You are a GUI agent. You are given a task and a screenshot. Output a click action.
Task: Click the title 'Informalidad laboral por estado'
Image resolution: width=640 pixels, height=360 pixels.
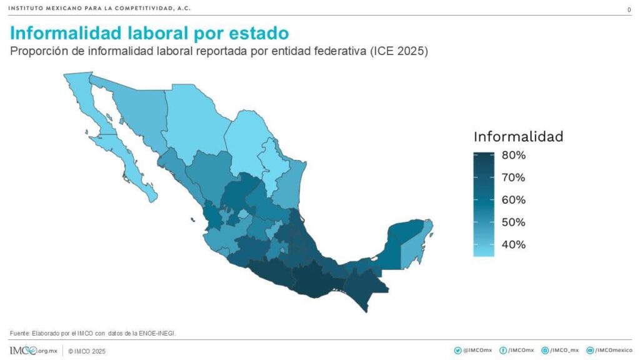150,32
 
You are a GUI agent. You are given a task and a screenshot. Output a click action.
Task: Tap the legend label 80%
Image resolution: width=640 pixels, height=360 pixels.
514,155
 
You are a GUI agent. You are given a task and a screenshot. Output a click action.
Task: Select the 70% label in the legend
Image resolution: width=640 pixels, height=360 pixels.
514,177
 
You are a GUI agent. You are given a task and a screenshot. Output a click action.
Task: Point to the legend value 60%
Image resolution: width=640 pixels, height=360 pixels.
514,200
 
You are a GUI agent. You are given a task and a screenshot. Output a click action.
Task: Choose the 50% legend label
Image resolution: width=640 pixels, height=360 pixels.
514,222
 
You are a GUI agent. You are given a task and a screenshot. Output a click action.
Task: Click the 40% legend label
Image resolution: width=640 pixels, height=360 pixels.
514,244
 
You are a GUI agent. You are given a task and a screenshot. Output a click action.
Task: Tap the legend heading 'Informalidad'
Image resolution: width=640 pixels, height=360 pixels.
518,136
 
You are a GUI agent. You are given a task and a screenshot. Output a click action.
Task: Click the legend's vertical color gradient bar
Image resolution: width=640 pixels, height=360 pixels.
484,204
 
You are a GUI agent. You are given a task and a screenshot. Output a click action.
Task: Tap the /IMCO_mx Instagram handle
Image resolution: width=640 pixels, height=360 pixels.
561,351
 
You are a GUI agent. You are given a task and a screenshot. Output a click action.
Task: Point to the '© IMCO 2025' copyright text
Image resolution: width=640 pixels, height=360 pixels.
87,351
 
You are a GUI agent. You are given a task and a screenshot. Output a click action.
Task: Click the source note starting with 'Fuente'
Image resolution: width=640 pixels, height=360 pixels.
93,333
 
